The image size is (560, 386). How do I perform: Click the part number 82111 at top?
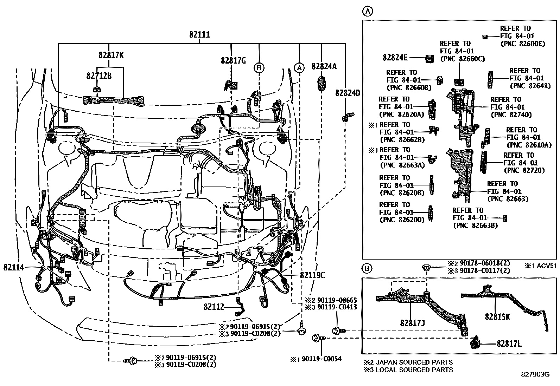click(199, 35)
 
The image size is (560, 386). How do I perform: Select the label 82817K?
click(111, 55)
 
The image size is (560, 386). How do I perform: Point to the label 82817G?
click(233, 60)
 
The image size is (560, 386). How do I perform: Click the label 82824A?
click(324, 66)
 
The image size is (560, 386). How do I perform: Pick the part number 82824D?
click(348, 93)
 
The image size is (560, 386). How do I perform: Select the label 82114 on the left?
click(14, 267)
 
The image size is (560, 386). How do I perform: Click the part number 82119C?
click(312, 275)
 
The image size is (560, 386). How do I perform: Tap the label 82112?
click(214, 307)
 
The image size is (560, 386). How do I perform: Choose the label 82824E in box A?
click(395, 57)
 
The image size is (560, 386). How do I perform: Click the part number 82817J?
click(412, 322)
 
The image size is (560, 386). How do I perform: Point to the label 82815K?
click(497, 316)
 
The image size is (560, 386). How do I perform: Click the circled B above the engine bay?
click(259, 67)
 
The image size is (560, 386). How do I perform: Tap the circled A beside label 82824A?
click(299, 67)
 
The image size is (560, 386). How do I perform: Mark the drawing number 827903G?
click(535, 374)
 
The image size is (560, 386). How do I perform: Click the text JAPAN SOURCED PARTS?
click(414, 362)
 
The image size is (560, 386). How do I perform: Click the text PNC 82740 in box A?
click(511, 115)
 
